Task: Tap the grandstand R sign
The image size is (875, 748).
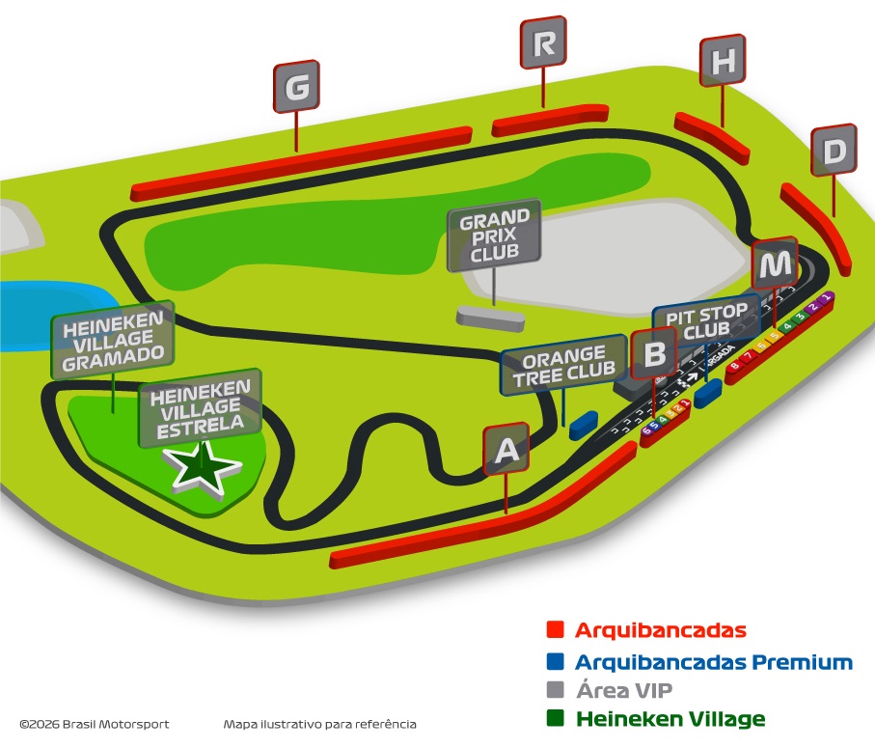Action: pos(543,43)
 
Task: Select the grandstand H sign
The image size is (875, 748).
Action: pos(724,62)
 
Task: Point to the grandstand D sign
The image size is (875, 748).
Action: pos(834,151)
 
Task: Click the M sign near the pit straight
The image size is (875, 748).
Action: pos(776,263)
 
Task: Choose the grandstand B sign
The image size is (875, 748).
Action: pos(654,354)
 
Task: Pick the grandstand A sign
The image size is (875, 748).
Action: pos(506,451)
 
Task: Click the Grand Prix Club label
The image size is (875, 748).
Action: pos(494,234)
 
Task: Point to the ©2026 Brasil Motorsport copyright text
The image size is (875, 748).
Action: pos(94,724)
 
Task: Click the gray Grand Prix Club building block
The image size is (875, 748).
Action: pos(490,316)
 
